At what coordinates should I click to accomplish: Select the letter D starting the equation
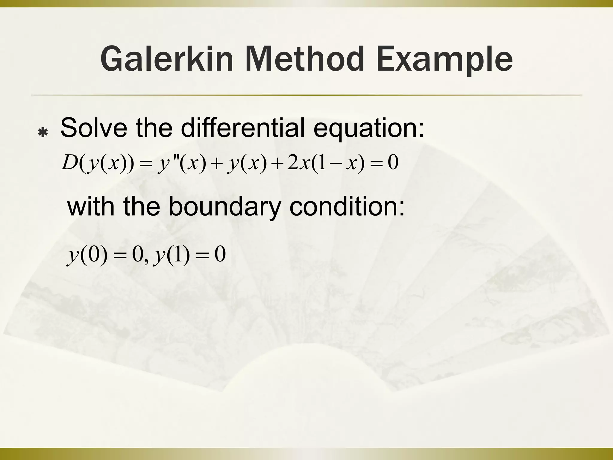coord(69,163)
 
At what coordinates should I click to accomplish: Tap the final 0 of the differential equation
coord(393,163)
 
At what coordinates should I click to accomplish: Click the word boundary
coord(224,207)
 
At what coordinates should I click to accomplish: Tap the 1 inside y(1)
coord(177,255)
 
